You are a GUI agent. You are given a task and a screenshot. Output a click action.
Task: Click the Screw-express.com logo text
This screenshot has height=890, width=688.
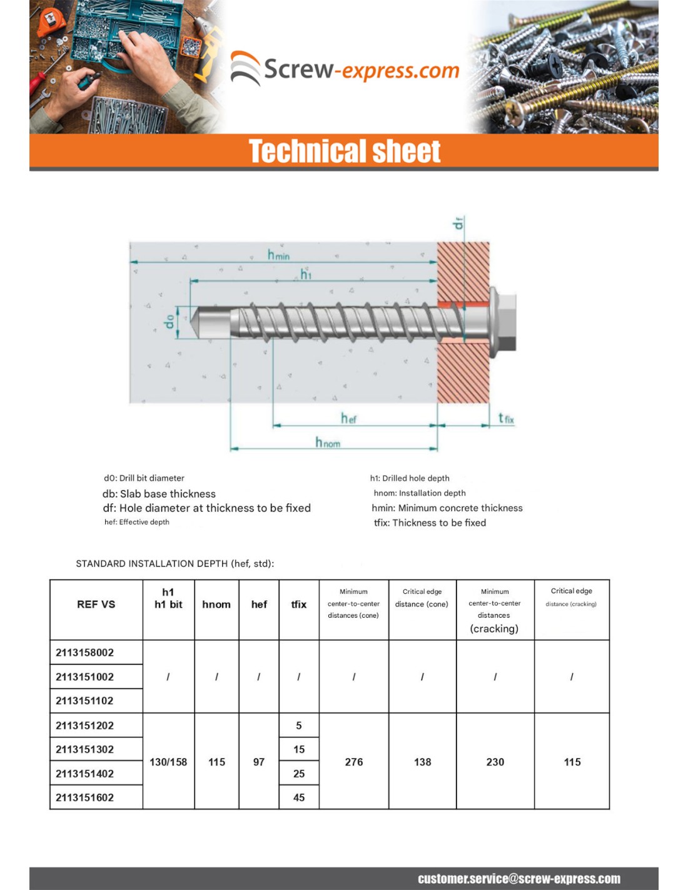[361, 70]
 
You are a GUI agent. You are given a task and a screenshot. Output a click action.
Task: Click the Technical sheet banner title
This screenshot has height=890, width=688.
[345, 151]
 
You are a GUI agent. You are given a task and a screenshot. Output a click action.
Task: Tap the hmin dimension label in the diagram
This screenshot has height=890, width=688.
[278, 255]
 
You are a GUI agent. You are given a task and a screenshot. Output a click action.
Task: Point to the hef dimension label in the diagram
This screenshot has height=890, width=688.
[348, 418]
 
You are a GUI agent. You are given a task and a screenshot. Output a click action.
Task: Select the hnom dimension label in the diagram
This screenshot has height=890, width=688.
[328, 442]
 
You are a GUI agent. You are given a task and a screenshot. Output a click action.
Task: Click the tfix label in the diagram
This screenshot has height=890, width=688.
[506, 418]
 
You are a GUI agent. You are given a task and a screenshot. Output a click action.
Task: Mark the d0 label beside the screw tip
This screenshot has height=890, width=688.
[169, 322]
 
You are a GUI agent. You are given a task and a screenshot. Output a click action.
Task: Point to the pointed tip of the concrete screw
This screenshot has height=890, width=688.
[195, 322]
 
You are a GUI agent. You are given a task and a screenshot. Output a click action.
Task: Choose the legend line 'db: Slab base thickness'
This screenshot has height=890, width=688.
[159, 494]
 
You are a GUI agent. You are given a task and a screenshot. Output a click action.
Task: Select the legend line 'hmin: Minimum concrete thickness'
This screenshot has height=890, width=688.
[447, 508]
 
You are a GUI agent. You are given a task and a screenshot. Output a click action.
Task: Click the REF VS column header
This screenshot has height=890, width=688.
[96, 605]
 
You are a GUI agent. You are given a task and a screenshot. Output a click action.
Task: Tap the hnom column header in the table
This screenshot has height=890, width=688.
[216, 605]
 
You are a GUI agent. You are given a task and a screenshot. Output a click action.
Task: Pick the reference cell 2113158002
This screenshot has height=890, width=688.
[85, 653]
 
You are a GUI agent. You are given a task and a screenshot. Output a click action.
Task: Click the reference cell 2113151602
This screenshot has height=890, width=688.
[85, 797]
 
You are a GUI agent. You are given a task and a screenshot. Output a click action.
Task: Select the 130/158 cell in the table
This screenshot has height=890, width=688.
[168, 762]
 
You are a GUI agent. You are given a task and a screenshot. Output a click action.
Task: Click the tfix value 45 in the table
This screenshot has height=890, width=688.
[299, 797]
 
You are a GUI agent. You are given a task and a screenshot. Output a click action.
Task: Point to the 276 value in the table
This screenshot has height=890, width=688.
[354, 762]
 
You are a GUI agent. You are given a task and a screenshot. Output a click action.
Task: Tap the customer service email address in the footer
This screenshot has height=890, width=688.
[519, 879]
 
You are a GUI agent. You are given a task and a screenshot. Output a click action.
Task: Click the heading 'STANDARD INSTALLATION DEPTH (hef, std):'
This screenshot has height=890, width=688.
[175, 563]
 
